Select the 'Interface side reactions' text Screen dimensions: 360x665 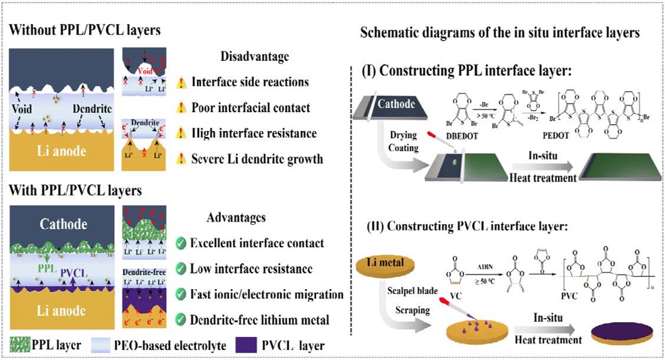[250, 82]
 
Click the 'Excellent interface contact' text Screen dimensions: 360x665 [259, 242]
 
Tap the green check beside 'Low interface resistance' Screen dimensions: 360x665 [180, 269]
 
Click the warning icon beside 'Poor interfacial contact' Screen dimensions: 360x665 [180, 108]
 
